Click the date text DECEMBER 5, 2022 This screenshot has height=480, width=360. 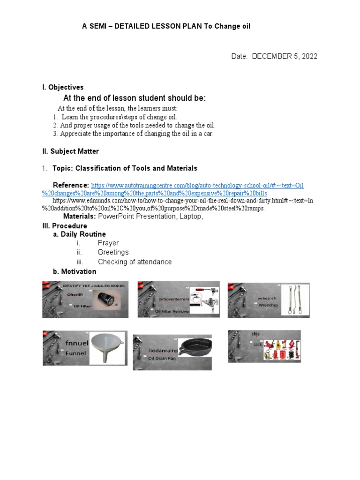coord(285,56)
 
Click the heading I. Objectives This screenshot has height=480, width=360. coord(63,87)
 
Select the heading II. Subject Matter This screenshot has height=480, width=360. coord(70,151)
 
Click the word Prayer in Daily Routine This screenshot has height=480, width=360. coord(108,243)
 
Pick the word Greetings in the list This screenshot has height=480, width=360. coord(113,252)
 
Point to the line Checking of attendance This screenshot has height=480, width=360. coord(135,262)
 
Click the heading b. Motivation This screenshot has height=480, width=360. coord(75,271)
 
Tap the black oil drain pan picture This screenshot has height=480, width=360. coord(195,350)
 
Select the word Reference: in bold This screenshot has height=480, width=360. coord(71,185)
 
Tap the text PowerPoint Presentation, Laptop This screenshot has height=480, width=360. coord(150,217)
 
